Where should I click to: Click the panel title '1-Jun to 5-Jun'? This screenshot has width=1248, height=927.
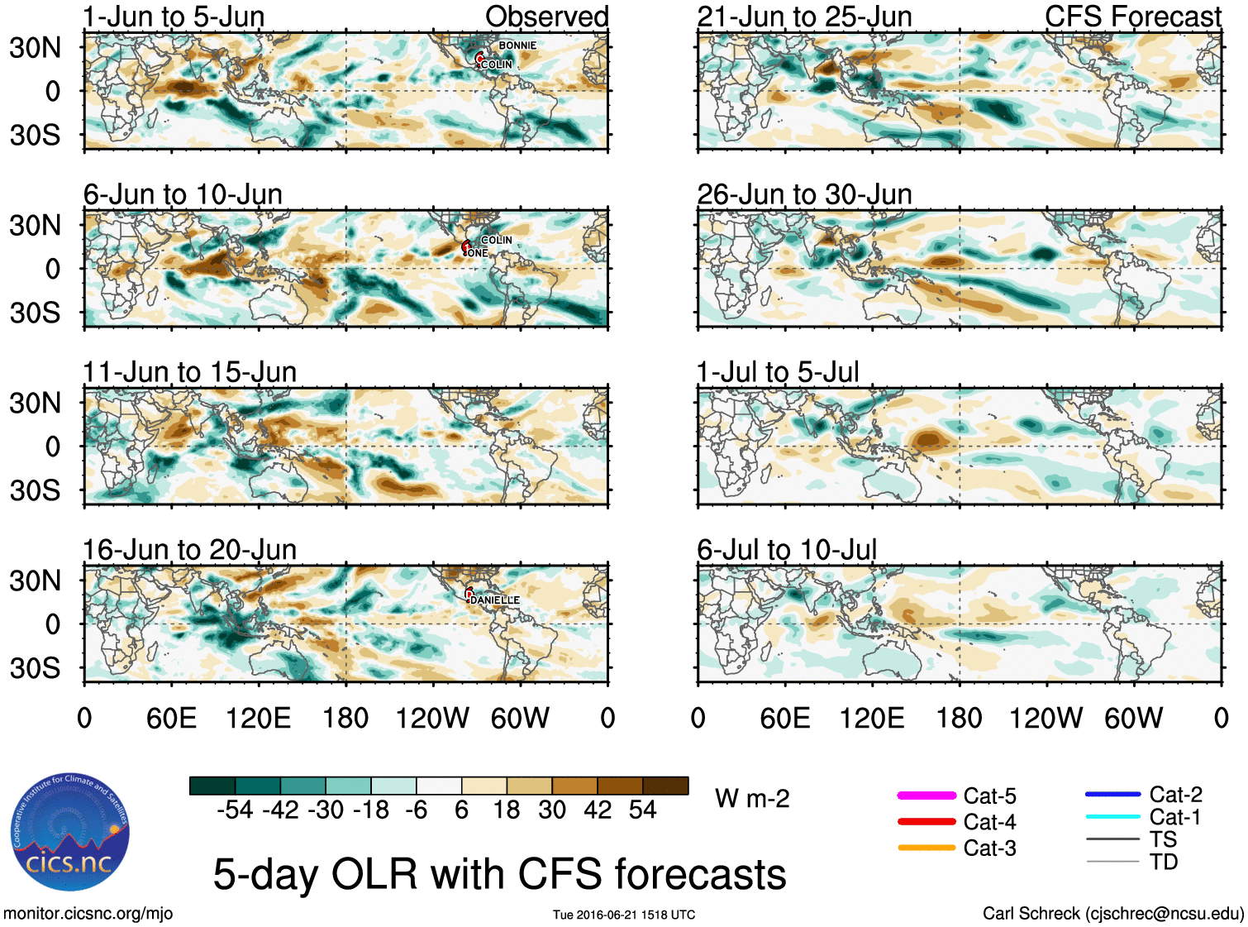tap(174, 17)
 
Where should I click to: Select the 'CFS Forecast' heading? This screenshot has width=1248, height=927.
tap(1132, 17)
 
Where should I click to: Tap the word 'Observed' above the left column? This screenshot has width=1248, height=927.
tap(546, 17)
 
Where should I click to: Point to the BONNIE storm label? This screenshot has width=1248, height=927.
tap(517, 45)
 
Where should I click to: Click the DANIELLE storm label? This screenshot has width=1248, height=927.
tap(494, 600)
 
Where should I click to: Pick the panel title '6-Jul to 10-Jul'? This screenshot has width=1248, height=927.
tap(787, 550)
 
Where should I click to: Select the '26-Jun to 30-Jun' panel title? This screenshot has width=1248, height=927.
tap(804, 194)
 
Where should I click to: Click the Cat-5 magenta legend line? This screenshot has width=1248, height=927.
tap(926, 796)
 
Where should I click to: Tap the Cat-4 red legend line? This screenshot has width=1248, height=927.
tap(926, 822)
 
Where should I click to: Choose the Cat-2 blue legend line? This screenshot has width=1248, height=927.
tap(1112, 795)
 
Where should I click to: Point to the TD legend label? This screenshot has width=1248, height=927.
tap(1163, 862)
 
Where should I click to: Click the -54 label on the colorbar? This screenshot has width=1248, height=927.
tap(235, 810)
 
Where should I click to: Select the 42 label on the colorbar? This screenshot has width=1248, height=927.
tap(598, 810)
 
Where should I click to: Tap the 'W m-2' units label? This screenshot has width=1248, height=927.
tap(752, 799)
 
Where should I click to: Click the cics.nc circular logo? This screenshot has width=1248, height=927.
tap(70, 833)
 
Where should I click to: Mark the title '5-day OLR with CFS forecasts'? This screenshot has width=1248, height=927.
tap(499, 875)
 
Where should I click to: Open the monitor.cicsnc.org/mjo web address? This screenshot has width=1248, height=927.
tap(88, 914)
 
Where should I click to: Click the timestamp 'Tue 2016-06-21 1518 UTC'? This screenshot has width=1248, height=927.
tap(624, 915)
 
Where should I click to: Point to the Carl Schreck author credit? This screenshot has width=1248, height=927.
tap(1112, 914)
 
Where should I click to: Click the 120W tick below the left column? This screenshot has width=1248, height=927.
tap(432, 718)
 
